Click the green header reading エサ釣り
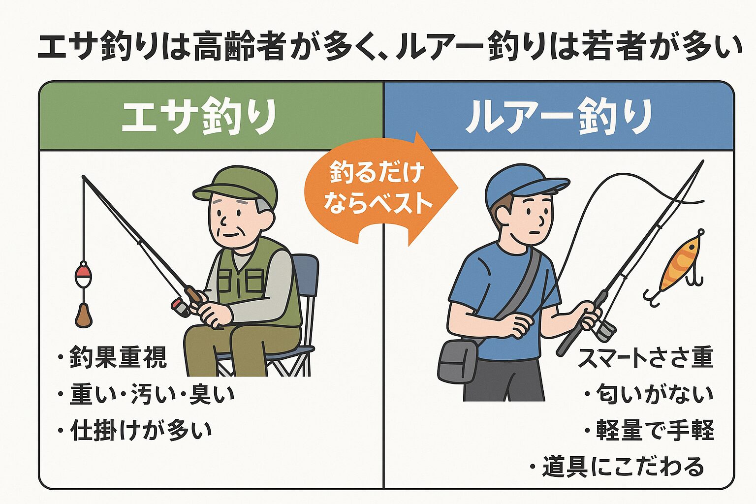(199, 116)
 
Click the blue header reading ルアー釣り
(559, 116)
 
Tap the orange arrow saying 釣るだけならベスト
(377, 189)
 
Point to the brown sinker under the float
(83, 315)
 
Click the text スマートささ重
(645, 357)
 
